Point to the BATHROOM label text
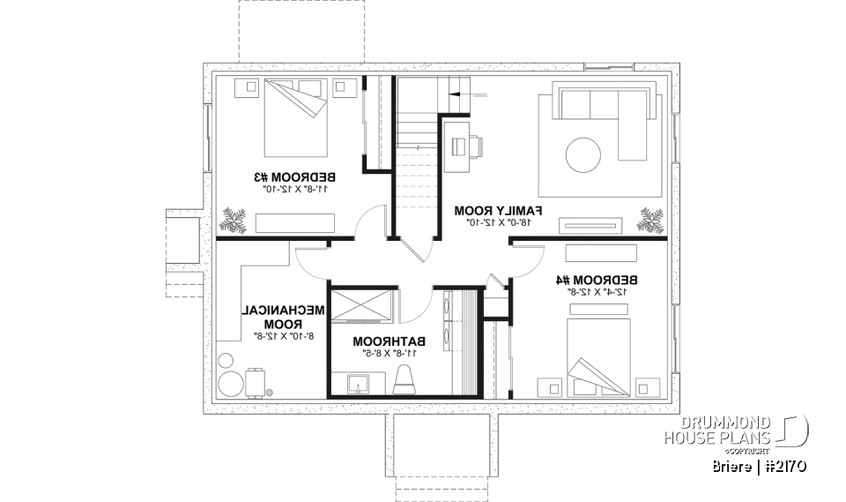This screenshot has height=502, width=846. [390, 341]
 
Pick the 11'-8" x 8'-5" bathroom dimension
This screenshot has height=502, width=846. [390, 352]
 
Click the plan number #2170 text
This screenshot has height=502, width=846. [779, 466]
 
